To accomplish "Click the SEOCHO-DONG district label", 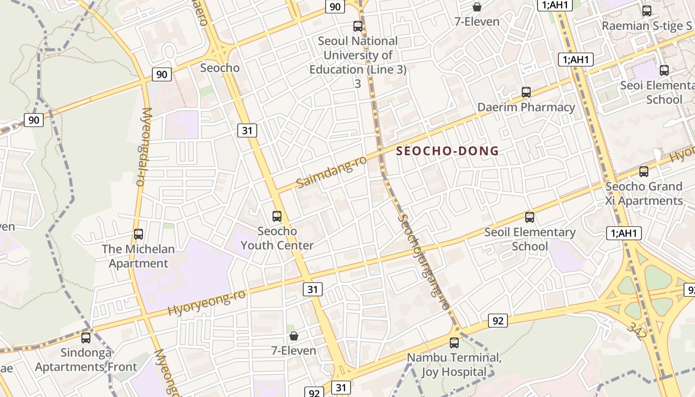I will [x=447, y=151].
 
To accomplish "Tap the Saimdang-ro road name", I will [x=331, y=172].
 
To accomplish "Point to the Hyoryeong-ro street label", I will [x=207, y=303].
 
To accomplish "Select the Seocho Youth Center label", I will [x=277, y=238].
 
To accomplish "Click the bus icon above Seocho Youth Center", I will [x=277, y=216].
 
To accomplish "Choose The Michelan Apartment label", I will [x=139, y=256].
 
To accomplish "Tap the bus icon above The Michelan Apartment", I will [x=139, y=234].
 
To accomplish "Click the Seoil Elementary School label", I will [x=530, y=239].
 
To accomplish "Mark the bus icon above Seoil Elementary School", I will [x=530, y=217].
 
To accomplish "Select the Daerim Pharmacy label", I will [x=526, y=107].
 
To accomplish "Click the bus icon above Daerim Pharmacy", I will [x=526, y=92].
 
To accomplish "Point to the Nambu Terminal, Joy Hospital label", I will [x=454, y=365].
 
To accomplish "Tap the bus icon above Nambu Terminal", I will [x=454, y=342].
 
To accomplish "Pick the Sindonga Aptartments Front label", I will [x=86, y=360].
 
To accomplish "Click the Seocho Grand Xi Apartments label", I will [x=644, y=194].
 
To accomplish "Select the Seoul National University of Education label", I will [x=357, y=56].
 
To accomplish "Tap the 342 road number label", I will [x=637, y=331].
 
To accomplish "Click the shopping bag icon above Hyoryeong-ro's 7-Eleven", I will [x=294, y=336].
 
